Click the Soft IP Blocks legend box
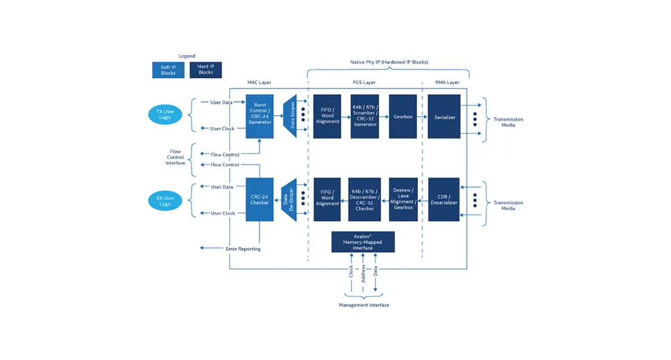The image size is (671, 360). click(x=168, y=70)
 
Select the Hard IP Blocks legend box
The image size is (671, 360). click(x=206, y=70)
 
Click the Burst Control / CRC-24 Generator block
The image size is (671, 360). click(x=260, y=116)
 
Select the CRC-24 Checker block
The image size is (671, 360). click(x=260, y=199)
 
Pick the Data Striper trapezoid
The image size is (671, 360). click(x=289, y=116)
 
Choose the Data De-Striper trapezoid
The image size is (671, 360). click(x=289, y=199)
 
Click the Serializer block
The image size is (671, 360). click(x=444, y=117)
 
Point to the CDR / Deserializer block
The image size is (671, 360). click(x=444, y=199)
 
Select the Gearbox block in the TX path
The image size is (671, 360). click(x=402, y=117)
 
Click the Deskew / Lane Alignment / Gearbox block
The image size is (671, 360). click(x=403, y=199)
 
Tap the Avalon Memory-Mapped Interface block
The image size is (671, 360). click(x=363, y=241)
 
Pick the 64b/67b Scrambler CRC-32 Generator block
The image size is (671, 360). click(x=365, y=117)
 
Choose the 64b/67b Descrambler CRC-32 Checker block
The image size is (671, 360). click(x=365, y=199)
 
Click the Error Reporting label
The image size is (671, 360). click(x=243, y=249)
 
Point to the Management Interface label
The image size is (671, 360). click(x=363, y=305)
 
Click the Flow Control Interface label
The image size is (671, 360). click(x=175, y=158)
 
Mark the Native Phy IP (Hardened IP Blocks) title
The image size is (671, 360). click(x=388, y=62)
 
